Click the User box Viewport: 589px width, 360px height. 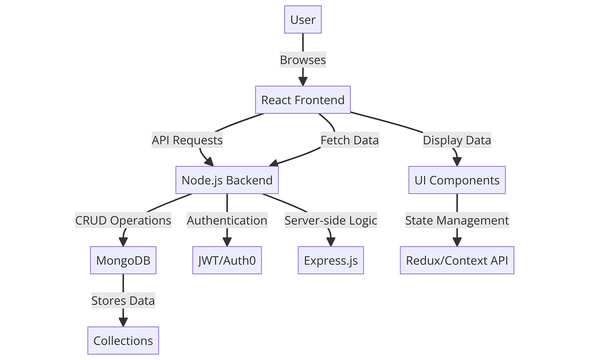(303, 20)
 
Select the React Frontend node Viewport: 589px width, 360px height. (303, 100)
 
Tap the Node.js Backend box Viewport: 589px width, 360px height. (227, 180)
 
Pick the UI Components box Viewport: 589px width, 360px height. (457, 180)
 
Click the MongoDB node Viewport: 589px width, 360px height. (123, 260)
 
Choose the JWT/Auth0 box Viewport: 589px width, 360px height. (227, 260)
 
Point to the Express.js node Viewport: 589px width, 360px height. (330, 260)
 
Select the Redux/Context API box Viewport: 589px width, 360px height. (457, 260)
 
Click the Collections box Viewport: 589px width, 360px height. (123, 340)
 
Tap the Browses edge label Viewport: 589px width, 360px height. (303, 60)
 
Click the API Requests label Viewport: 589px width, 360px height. (187, 140)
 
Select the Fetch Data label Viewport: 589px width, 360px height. (350, 140)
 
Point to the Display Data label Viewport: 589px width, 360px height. (457, 140)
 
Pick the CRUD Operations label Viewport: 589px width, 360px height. (123, 220)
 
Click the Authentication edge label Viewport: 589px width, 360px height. (227, 220)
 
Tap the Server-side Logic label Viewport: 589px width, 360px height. (330, 220)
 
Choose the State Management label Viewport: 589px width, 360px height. (457, 220)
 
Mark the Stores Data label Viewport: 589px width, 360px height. (123, 301)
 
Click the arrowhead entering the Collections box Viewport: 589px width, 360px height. (123, 322)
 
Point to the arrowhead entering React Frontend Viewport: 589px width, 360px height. (303, 81)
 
